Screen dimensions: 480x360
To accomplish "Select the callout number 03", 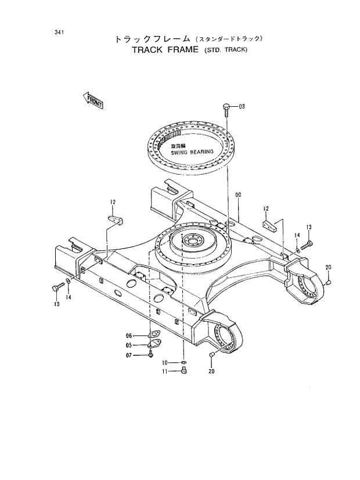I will point(242,106).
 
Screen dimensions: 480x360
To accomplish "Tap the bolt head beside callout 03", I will point(226,106).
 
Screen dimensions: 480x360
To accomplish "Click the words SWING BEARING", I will point(192,152).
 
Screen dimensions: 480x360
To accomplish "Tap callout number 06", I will point(129,335).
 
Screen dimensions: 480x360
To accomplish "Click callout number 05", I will point(129,345).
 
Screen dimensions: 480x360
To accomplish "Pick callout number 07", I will point(129,355).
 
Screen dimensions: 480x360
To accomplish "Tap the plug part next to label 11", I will point(184,372).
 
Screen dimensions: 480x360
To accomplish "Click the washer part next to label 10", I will point(184,363).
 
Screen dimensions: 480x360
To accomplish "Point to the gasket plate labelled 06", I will point(153,335).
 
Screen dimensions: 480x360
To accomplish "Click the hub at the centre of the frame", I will point(192,240).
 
